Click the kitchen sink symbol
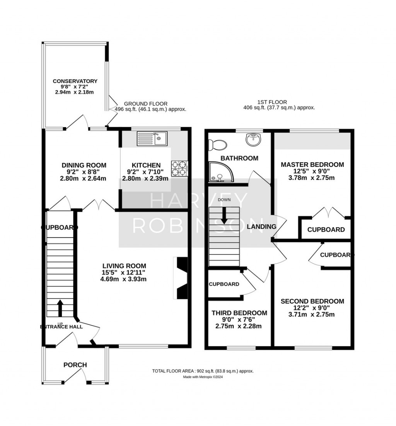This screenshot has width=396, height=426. point(152,138)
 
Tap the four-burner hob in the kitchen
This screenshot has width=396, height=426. point(179,168)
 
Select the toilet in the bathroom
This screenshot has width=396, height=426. point(217,144)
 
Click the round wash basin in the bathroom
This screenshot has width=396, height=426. point(253,139)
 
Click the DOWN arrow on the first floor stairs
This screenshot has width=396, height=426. point(224,216)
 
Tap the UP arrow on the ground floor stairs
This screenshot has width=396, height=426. point(60,308)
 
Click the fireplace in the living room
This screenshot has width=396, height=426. point(181,278)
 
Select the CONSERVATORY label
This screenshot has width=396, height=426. point(75,81)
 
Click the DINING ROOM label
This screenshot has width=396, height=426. point(84,165)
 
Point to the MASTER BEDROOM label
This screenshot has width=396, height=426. point(312,165)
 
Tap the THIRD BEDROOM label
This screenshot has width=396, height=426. point(239,313)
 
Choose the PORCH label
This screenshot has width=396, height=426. point(75,365)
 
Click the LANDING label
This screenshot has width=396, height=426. point(261,226)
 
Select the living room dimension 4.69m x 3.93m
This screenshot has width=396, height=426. point(123,279)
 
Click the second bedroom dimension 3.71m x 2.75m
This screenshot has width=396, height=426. point(312,315)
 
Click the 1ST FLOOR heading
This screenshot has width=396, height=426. point(272,102)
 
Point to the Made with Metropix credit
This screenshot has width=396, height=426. point(203,377)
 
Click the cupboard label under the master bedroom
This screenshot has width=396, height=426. point(326,229)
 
